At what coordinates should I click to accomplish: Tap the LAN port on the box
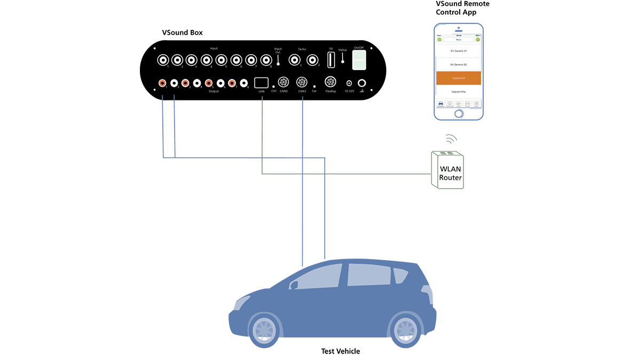tap(261, 83)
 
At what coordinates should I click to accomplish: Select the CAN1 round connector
tap(302, 83)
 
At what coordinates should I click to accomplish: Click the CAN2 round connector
tap(283, 83)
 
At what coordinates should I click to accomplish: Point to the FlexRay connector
tap(330, 82)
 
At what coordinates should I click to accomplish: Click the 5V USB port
tap(330, 59)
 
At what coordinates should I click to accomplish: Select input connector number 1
tap(163, 60)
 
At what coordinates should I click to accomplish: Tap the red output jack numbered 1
tap(162, 83)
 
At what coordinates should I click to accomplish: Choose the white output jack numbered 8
tap(243, 83)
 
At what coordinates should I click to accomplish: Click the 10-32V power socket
tap(349, 83)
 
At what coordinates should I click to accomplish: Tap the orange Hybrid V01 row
tap(459, 78)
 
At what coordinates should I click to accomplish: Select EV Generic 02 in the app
tap(459, 64)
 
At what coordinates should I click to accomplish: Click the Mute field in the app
tap(458, 40)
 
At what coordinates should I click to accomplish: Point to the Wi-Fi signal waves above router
tap(452, 139)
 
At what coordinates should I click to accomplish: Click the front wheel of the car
tap(264, 328)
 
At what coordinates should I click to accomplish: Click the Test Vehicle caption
tap(340, 351)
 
